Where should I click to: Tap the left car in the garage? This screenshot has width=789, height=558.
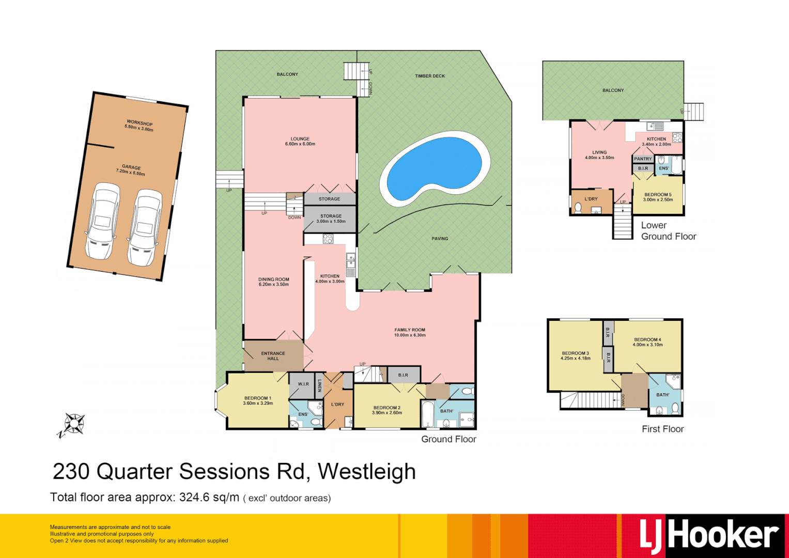click(x=103, y=221)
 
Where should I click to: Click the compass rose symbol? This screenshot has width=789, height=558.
click(x=73, y=424)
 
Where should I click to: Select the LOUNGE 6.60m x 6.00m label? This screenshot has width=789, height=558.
click(x=300, y=141)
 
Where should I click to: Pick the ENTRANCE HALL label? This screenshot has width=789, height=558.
click(x=273, y=356)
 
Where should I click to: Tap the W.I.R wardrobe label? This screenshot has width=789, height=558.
click(x=303, y=384)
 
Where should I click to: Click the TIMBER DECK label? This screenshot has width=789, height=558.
click(x=430, y=76)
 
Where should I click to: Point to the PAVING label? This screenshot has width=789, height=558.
click(x=440, y=239)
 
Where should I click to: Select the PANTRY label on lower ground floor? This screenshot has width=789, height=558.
click(x=643, y=159)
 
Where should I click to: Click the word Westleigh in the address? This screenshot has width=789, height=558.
click(x=366, y=472)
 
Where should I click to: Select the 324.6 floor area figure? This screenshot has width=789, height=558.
click(x=194, y=498)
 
